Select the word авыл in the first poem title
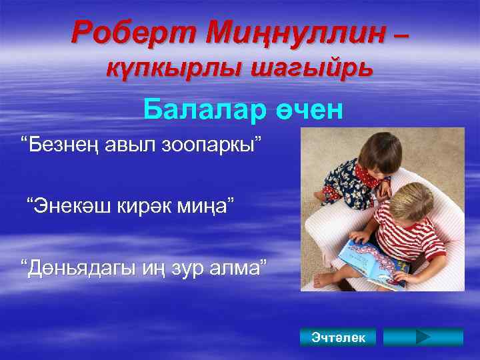coord(125,145)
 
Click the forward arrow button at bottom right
coord(423,337)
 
